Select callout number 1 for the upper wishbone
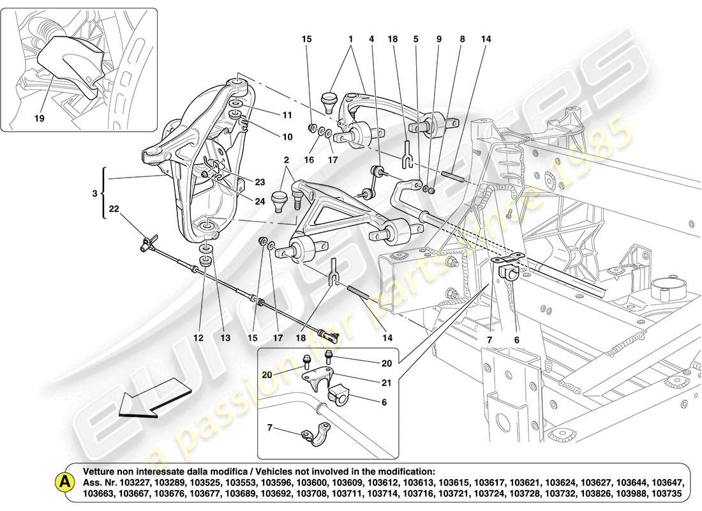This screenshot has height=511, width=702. (x=350, y=39)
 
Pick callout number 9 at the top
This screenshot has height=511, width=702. (x=439, y=39)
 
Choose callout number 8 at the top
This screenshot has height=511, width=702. (x=462, y=39)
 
